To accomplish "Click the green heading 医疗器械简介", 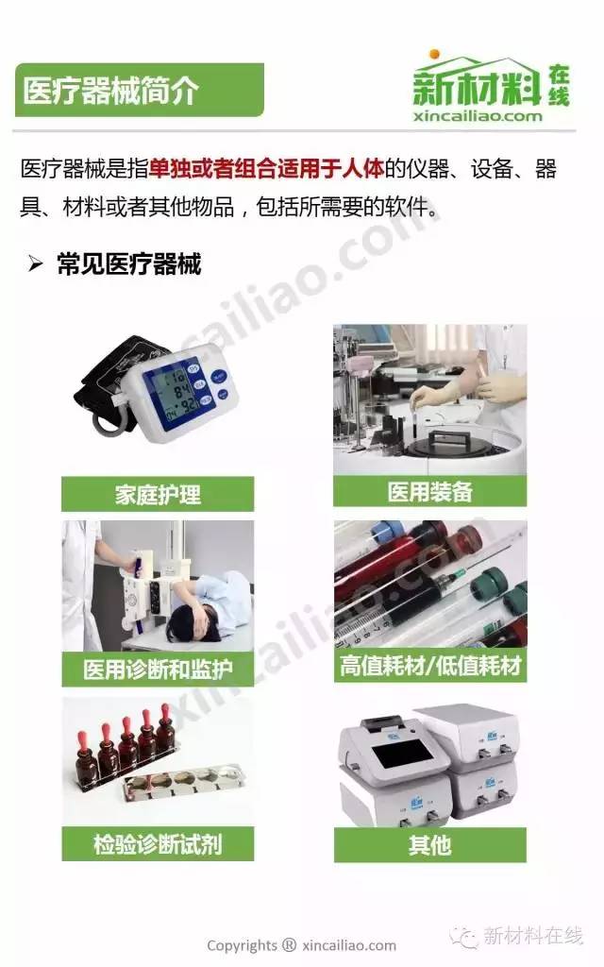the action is click(111, 91).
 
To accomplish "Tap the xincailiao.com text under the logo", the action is click(478, 116).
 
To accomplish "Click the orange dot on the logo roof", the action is click(434, 53).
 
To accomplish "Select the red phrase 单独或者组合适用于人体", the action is click(266, 168).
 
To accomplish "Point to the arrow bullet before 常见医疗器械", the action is click(35, 264).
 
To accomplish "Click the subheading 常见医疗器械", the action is click(128, 264).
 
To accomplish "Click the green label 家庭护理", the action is click(158, 494).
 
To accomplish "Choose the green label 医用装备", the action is click(429, 491).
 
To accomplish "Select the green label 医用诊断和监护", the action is click(158, 670).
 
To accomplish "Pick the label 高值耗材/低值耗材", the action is click(430, 666).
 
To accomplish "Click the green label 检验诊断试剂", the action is click(158, 843).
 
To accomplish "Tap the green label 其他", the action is click(429, 845).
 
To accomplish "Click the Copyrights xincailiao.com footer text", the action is click(301, 945).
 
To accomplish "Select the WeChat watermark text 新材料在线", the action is click(533, 935).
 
